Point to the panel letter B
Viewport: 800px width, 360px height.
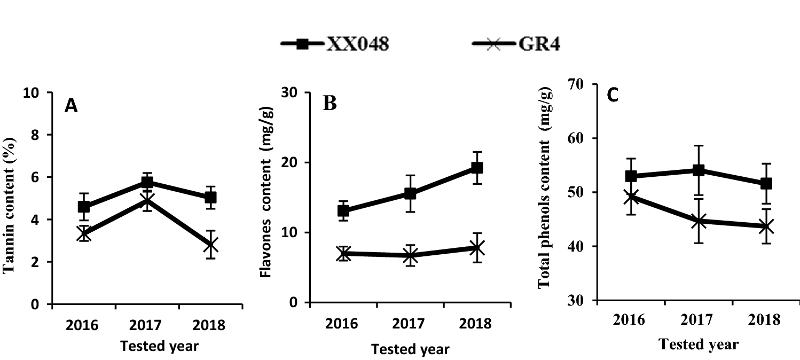click(330, 103)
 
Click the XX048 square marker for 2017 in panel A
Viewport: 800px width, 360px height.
click(147, 183)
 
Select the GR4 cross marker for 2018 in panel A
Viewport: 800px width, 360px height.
click(211, 245)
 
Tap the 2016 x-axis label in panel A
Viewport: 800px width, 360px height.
click(83, 325)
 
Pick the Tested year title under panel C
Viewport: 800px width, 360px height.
click(699, 345)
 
